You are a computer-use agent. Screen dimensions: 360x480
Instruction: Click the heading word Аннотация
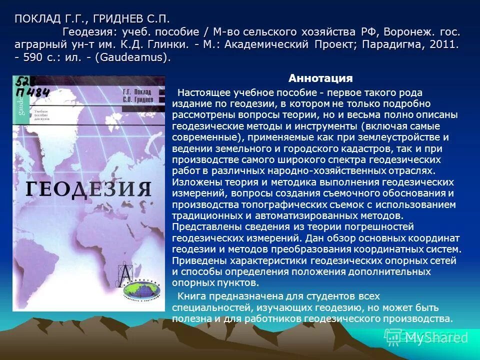tap(320, 78)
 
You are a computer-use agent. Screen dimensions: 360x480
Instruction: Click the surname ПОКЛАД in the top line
tap(37, 19)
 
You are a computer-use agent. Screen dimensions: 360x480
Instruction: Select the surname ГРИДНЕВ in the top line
tap(115, 19)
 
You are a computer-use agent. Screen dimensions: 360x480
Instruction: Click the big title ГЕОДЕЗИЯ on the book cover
tap(88, 189)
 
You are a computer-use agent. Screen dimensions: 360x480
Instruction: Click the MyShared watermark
tap(433, 338)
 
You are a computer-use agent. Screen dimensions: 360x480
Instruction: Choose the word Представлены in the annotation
tap(201, 227)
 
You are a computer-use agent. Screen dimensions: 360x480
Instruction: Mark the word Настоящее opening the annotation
tap(199, 93)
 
